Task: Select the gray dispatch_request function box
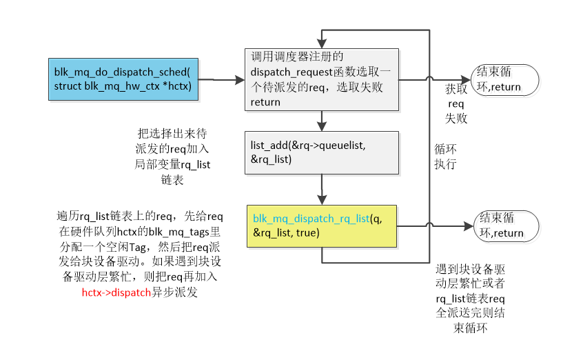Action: tap(322, 79)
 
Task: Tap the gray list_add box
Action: tap(322, 152)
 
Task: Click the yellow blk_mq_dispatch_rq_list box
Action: tap(322, 226)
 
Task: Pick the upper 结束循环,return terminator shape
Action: tap(498, 79)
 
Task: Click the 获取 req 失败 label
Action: tap(455, 103)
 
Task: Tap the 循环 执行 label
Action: tap(445, 157)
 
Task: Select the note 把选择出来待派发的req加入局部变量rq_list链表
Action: tap(173, 156)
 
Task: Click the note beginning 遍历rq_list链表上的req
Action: tap(138, 254)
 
